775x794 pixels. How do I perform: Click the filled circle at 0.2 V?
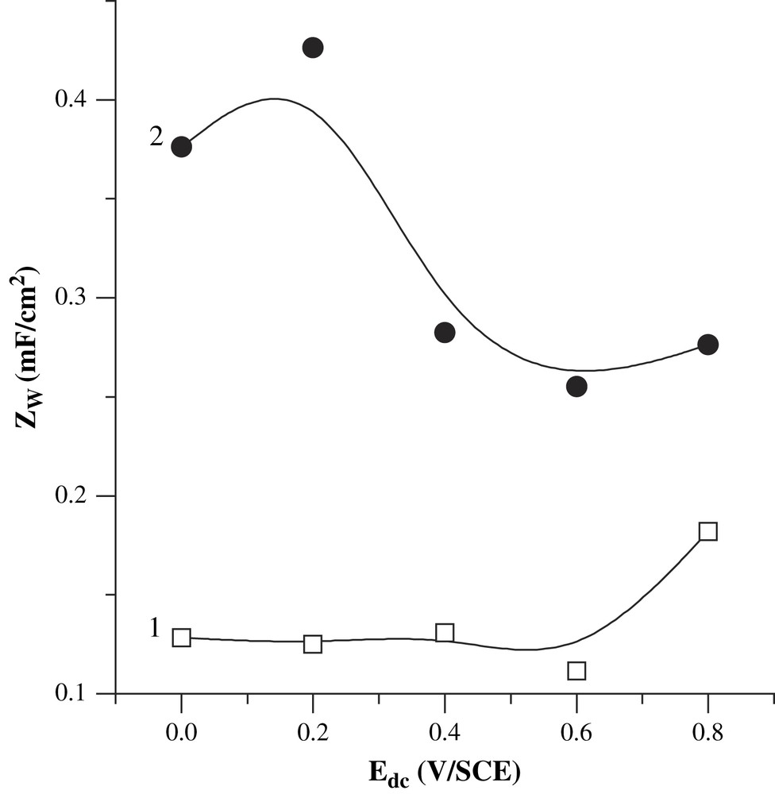(313, 48)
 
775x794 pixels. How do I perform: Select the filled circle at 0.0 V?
(181, 147)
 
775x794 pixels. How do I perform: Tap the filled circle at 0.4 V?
(445, 332)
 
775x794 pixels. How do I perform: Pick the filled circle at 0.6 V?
(576, 386)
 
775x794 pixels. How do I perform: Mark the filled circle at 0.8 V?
(708, 344)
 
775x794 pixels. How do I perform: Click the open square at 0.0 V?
(181, 638)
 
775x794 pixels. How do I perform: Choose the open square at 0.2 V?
(313, 643)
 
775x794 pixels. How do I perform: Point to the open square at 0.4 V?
(445, 633)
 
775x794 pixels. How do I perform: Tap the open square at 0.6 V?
(576, 671)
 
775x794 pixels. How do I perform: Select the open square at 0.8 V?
(708, 531)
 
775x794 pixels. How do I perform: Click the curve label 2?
(156, 137)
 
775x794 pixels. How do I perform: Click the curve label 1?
(156, 628)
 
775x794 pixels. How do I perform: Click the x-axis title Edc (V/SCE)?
(445, 770)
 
